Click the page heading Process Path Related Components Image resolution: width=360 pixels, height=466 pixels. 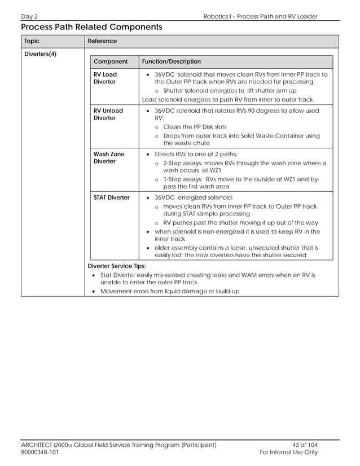(x=91, y=27)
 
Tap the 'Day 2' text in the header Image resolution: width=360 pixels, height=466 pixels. (x=30, y=16)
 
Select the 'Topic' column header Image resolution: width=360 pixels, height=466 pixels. (x=32, y=41)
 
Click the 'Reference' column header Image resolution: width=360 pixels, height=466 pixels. (x=103, y=41)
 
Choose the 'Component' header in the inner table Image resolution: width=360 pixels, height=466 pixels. (x=111, y=61)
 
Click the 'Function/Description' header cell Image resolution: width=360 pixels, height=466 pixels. (x=171, y=61)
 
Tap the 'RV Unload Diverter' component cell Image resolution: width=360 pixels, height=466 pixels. (x=108, y=114)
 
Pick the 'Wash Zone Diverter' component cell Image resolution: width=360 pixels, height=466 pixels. (x=108, y=157)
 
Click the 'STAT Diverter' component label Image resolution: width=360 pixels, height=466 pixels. (x=111, y=197)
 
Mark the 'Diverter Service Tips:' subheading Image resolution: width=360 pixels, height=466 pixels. (x=117, y=266)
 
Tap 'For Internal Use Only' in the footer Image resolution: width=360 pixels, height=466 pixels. (x=288, y=452)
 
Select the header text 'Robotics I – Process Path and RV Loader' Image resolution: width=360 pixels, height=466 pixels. (x=260, y=16)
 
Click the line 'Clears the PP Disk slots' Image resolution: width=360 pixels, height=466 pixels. (x=195, y=127)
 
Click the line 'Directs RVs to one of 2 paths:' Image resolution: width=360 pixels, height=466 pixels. (x=196, y=154)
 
